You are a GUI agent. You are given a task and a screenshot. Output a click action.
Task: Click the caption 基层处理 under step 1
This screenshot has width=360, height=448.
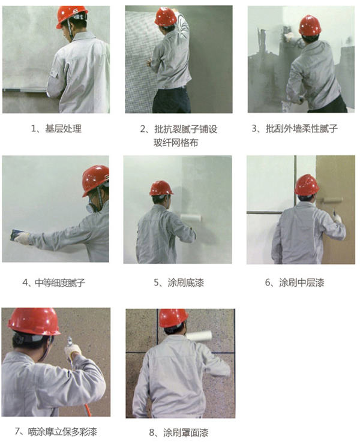63,128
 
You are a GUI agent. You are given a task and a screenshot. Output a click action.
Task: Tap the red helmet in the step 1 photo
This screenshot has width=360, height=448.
72,17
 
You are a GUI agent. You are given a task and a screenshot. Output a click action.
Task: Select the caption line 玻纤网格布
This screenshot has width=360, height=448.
176,143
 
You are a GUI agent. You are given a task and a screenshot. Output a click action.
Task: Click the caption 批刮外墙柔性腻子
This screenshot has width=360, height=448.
302,128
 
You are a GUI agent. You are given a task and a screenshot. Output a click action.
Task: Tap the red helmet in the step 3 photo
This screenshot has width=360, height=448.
310,25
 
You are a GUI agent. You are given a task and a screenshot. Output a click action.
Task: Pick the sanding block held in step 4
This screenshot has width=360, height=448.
18,236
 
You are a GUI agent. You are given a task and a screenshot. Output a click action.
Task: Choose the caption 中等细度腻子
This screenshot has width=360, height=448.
60,283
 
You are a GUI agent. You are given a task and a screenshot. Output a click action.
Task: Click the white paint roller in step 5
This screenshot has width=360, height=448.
191,218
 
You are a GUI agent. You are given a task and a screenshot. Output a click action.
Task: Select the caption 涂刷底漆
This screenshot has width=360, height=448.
185,283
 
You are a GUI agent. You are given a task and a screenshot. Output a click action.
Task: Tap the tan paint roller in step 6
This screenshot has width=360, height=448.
332,200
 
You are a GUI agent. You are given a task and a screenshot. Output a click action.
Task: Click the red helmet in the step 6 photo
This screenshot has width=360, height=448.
307,185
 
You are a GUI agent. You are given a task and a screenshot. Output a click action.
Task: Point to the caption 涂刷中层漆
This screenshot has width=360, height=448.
302,283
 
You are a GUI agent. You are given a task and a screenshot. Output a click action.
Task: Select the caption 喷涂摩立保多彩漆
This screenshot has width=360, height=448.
62,431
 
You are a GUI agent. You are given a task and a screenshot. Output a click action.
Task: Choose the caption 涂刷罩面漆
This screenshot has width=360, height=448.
185,432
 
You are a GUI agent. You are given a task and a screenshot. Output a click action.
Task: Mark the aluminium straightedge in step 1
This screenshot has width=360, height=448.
25,91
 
